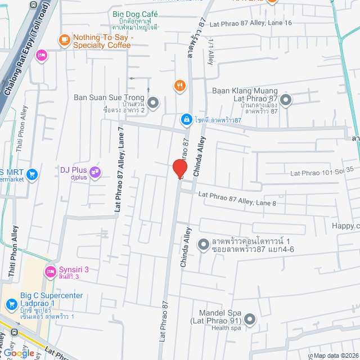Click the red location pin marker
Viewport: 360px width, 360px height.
pos(179,169)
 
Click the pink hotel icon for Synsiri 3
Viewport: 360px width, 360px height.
pos(51,272)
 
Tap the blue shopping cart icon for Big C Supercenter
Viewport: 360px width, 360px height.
pos(11,304)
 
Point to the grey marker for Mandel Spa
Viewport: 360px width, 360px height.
pos(250,319)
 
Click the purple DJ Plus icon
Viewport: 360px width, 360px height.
pos(95,170)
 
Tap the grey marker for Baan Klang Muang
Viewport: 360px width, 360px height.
pos(286,100)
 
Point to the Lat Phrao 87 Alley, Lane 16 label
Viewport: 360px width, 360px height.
pos(251,23)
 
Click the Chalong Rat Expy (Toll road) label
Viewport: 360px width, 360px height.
pos(26,56)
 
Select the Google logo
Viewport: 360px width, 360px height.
pos(18,353)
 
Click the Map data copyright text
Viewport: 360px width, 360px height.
pos(335,355)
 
